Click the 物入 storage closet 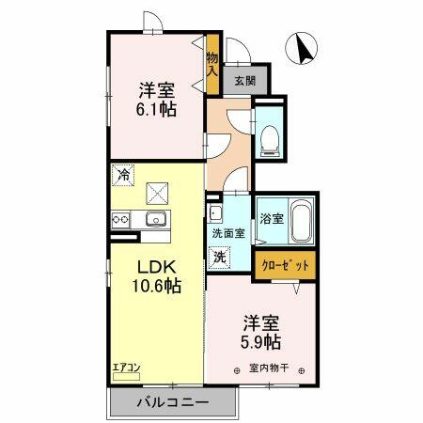coord(213,66)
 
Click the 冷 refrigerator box coord(122,174)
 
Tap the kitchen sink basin coord(155,220)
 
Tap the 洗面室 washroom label coord(227,233)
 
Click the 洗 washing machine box coord(219,256)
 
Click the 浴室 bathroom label coord(272,218)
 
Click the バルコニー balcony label coord(171,402)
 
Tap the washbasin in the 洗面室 coord(214,211)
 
